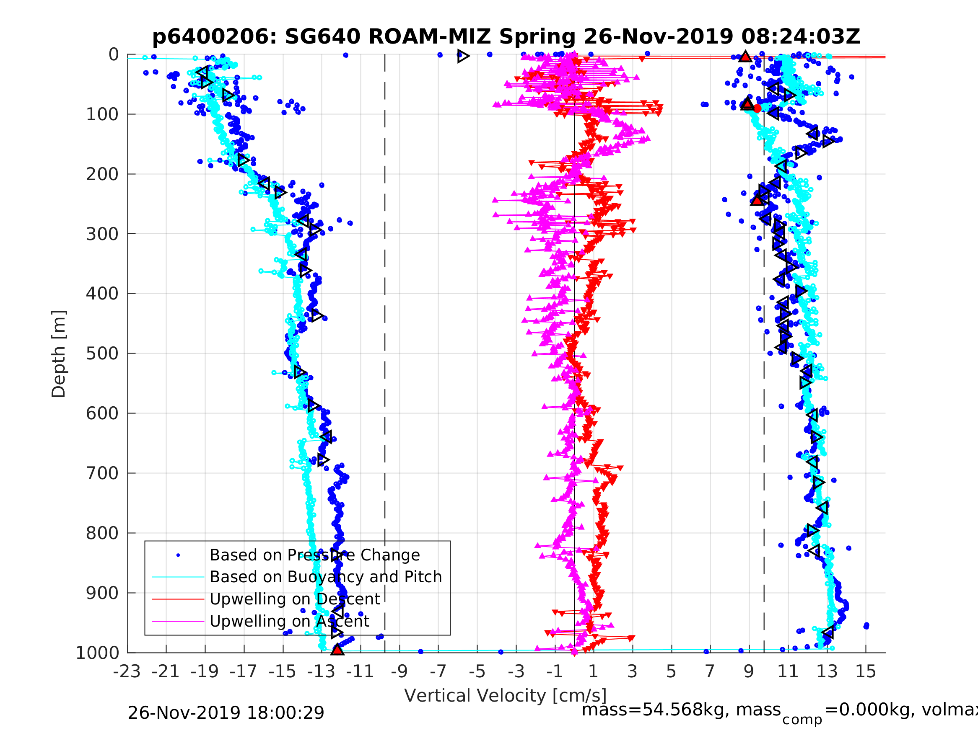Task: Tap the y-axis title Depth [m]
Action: click(59, 354)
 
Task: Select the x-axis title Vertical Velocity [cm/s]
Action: click(506, 695)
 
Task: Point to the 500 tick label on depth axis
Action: click(102, 354)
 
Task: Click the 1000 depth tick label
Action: click(97, 653)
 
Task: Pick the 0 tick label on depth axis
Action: click(114, 55)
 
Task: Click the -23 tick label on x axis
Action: click(127, 671)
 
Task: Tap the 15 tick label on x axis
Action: click(866, 671)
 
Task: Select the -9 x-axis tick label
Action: click(399, 671)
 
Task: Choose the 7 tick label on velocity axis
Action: click(710, 671)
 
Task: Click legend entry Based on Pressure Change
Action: click(314, 555)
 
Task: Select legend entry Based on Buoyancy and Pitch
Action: click(325, 577)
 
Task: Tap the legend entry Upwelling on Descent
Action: click(294, 599)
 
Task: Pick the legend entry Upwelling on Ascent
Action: click(289, 621)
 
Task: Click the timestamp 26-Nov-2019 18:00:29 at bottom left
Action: click(226, 712)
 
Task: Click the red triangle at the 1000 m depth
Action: click(337, 650)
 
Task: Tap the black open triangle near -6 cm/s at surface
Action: click(462, 56)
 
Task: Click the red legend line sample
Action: click(178, 599)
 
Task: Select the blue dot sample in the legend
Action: click(178, 555)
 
